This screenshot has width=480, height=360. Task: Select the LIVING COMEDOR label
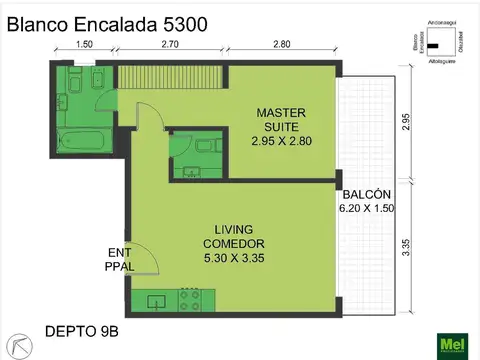[x=233, y=244]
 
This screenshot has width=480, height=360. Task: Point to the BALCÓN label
[x=359, y=201]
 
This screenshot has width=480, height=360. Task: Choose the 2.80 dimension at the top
[x=282, y=45]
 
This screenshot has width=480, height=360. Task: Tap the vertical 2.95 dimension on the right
[x=406, y=122]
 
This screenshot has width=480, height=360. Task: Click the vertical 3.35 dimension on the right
[x=406, y=246]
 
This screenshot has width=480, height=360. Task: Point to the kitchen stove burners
[x=190, y=298]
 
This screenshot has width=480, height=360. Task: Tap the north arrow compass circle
[x=17, y=345]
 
